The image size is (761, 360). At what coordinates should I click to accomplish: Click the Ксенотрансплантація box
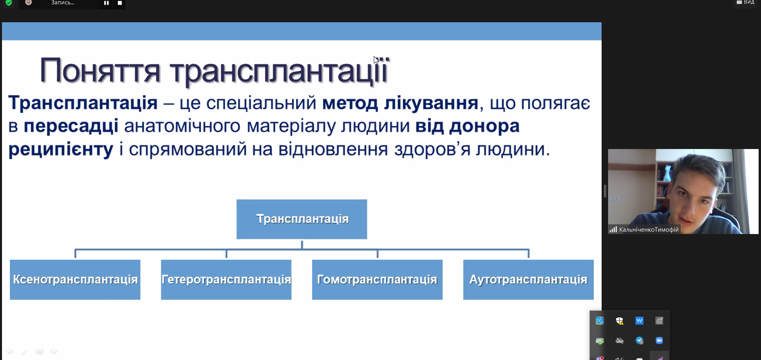coord(75,279)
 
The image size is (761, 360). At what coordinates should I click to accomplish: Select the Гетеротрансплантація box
coord(226,279)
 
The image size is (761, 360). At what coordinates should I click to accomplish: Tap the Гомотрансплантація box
coord(377,279)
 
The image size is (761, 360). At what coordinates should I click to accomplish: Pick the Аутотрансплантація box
coord(528,279)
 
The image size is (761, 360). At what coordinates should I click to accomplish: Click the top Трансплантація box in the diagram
coord(302,219)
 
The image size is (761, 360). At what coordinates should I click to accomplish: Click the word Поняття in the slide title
coord(100,71)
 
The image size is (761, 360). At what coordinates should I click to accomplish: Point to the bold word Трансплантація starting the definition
coord(83,103)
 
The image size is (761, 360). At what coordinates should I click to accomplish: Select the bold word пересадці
coord(71,126)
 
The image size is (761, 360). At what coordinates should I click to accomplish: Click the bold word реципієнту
coord(61,150)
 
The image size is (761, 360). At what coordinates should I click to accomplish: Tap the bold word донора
coord(484,126)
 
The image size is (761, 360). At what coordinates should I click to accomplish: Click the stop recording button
coord(120,3)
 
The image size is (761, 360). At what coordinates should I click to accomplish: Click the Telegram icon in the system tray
coord(639,341)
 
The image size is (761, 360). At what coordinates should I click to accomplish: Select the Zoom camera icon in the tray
coord(659,341)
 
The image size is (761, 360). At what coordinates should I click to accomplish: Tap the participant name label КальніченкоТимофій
coord(649,230)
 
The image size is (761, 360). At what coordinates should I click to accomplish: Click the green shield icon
coord(9,3)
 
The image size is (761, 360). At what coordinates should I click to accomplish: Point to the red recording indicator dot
coord(29,2)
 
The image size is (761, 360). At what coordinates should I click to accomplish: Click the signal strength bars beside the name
coord(613,230)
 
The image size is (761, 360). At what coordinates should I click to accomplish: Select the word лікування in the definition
coord(431,103)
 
